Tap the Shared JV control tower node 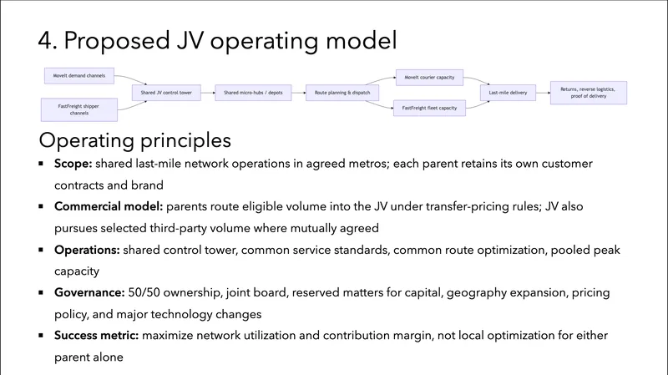(x=167, y=93)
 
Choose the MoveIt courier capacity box (x=429, y=77)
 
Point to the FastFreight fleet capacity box (x=429, y=108)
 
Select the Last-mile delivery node (x=511, y=93)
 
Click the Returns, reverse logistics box (x=593, y=93)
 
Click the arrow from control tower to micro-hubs (x=208, y=93)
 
